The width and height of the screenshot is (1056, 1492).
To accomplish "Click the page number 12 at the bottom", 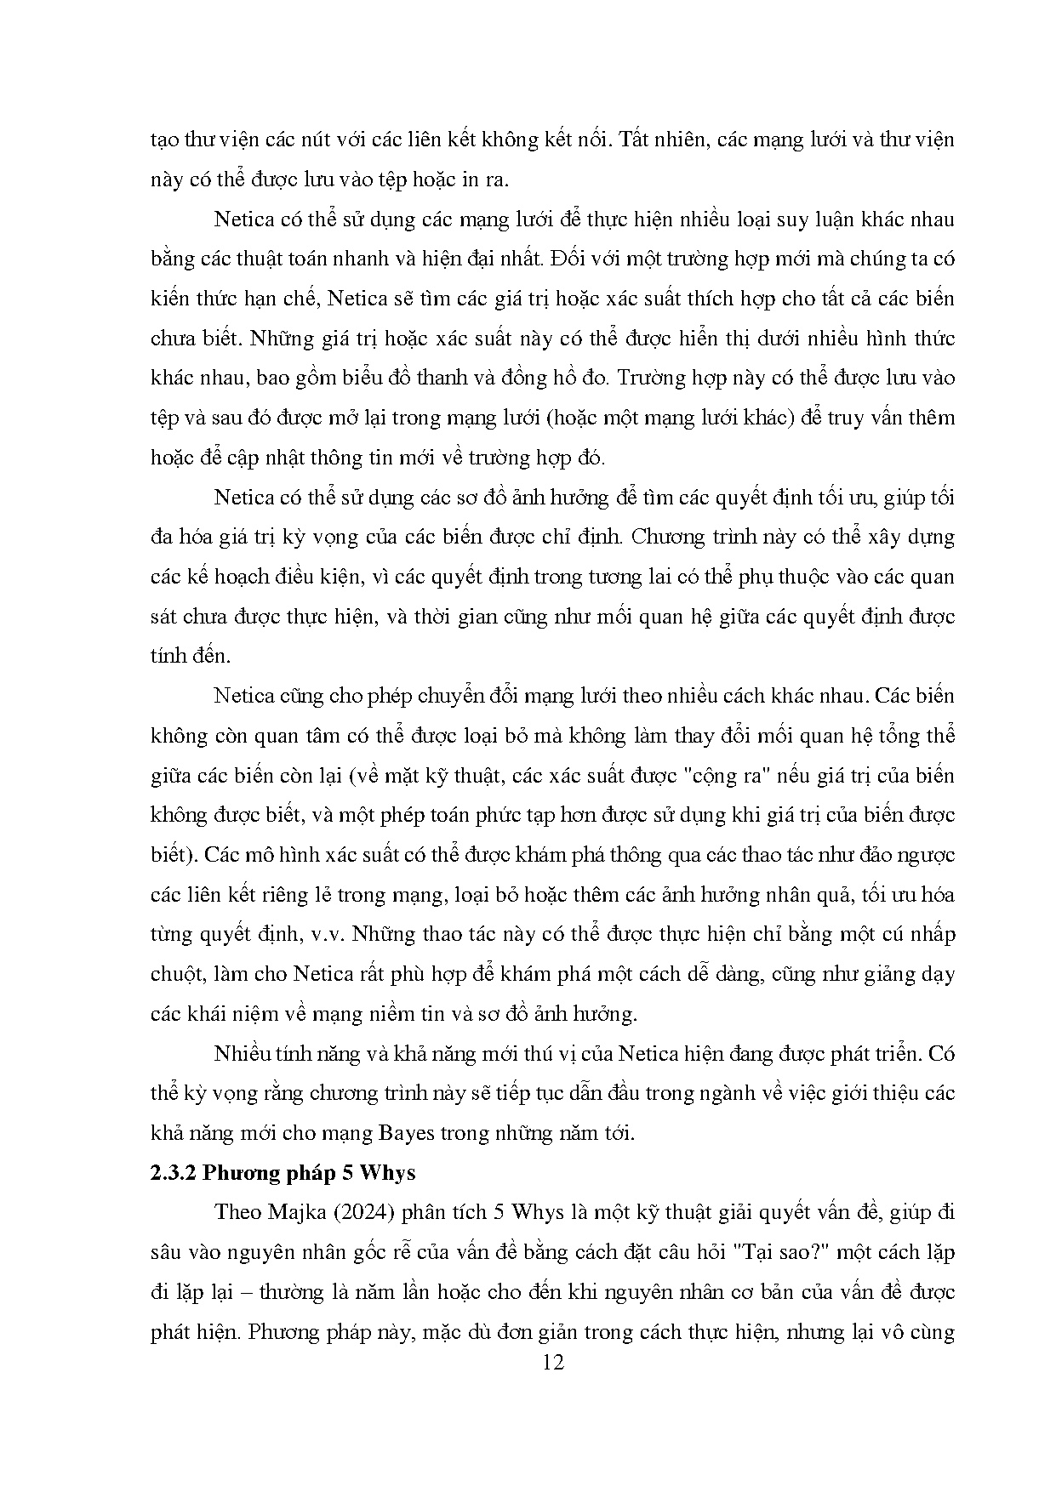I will coord(552,1363).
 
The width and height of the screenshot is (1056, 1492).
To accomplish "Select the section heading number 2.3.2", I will coord(176,1172).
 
